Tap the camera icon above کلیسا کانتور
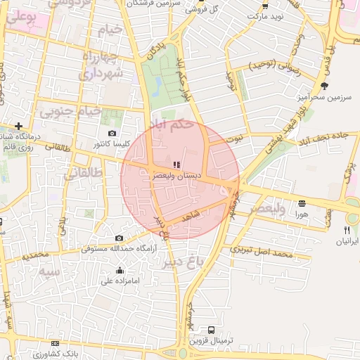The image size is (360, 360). [x=112, y=133]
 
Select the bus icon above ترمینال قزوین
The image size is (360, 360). [x=212, y=329]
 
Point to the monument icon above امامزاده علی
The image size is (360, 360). [x=120, y=271]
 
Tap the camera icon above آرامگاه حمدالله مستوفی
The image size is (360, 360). [x=119, y=238]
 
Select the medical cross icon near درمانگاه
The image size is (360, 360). [x=18, y=125]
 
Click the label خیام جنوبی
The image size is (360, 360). [x=70, y=111]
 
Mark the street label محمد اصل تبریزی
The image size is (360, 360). [x=261, y=250]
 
